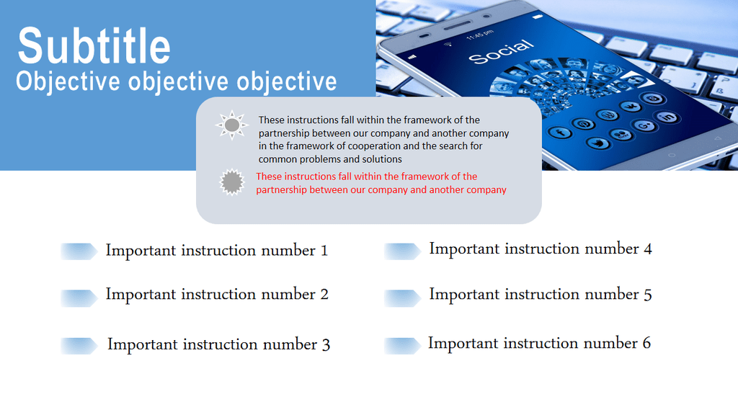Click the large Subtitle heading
point(94,45)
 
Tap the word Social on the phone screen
point(502,52)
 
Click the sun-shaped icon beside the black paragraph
point(231,125)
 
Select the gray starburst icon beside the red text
point(232,182)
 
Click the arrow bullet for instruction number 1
point(79,251)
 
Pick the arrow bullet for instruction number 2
point(79,298)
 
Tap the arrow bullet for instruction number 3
point(79,346)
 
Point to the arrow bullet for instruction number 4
point(402,251)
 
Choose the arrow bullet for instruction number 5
point(402,298)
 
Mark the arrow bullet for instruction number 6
point(402,346)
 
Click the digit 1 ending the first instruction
point(324,251)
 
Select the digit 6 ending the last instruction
point(646,343)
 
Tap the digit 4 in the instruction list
point(648,249)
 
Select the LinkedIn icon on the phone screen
point(667,117)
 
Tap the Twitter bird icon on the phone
point(597,143)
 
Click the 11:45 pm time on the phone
point(480,35)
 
